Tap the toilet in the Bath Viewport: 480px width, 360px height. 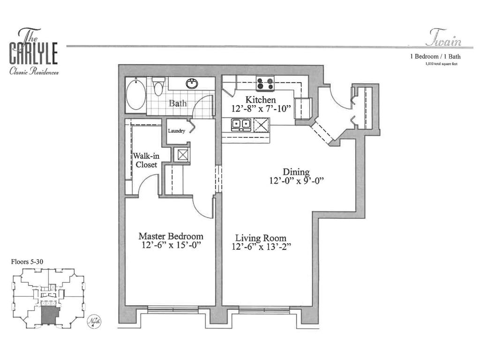coord(158,88)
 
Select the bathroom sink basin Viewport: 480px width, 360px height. coord(191,84)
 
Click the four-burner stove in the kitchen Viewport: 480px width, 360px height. coord(265,84)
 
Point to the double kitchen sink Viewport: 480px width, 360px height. coord(241,124)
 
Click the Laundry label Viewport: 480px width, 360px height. coord(177,131)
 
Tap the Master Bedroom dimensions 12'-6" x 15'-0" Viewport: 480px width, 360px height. coord(171,246)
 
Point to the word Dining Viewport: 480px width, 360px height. coord(296,172)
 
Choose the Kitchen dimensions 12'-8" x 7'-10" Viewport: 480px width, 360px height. coord(261,109)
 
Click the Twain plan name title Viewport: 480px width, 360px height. coord(443,41)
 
